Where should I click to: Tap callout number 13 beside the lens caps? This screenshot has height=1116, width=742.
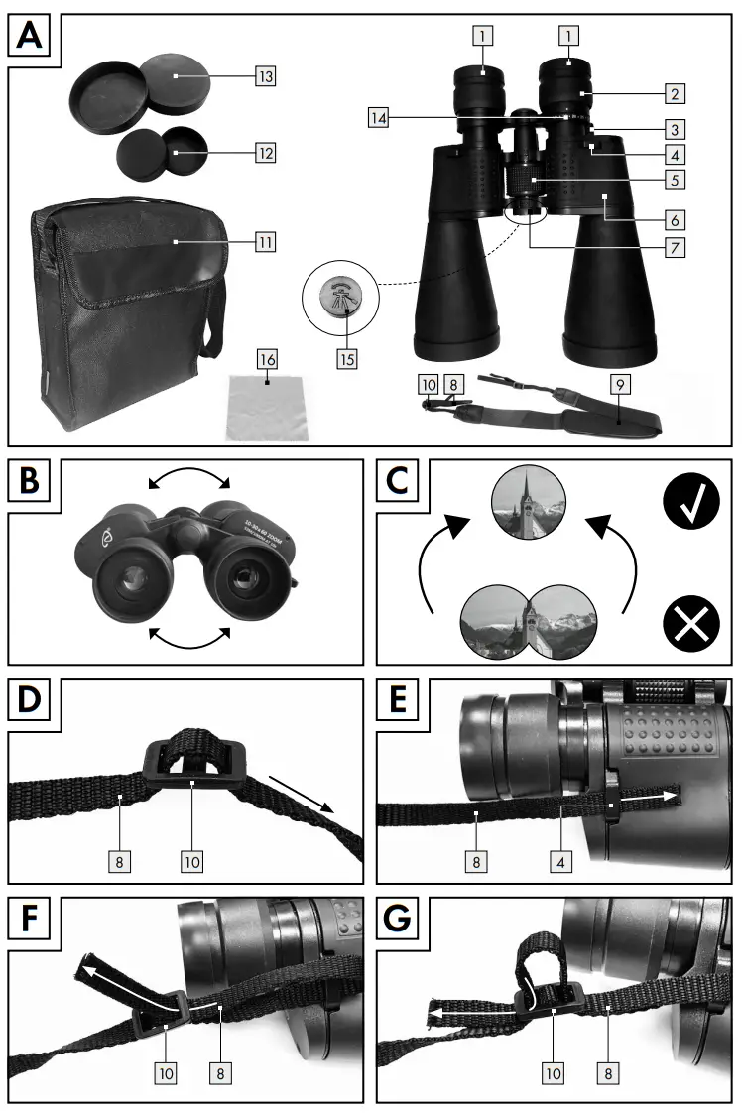pyautogui.click(x=264, y=75)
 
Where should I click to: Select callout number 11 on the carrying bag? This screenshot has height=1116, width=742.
pyautogui.click(x=264, y=241)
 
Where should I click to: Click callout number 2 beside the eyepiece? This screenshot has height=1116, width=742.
pyautogui.click(x=674, y=94)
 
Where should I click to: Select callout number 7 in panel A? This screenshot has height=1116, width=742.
pyautogui.click(x=674, y=246)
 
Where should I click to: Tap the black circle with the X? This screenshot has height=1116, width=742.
pyautogui.click(x=690, y=626)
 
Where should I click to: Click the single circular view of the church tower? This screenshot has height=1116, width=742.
pyautogui.click(x=530, y=503)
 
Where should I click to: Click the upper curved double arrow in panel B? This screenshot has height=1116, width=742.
pyautogui.click(x=187, y=480)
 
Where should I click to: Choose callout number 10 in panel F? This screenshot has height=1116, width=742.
pyautogui.click(x=165, y=1072)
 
